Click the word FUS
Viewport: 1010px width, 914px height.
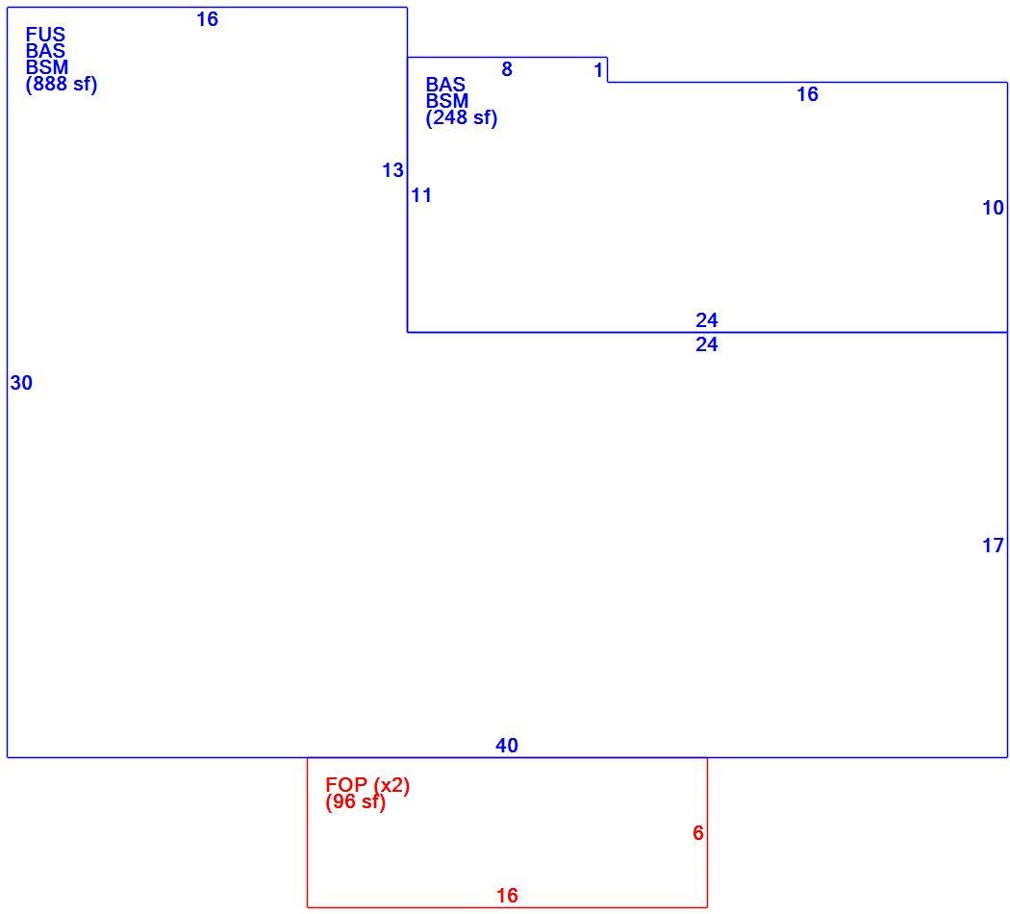pos(45,34)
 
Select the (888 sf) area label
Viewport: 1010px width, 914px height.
pos(62,85)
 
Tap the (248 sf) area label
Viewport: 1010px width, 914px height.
pos(461,118)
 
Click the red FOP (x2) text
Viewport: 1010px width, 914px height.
pos(367,785)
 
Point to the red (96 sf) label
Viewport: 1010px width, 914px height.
pos(355,802)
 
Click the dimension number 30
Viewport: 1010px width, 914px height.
pos(21,383)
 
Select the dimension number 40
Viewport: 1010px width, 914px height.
pos(507,746)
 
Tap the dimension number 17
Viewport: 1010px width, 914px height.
pos(993,546)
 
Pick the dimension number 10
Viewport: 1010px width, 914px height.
pos(993,208)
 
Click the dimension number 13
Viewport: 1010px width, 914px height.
pos(392,170)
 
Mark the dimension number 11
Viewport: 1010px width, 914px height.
pos(421,195)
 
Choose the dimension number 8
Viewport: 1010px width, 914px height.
pos(507,69)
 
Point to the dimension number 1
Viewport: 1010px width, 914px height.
pos(598,69)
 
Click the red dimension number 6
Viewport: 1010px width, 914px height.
pos(698,833)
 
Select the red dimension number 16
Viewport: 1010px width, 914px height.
pos(507,896)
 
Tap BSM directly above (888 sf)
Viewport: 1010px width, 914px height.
pos(47,67)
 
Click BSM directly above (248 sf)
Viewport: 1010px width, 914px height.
pos(447,101)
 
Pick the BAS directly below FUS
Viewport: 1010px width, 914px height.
pos(45,51)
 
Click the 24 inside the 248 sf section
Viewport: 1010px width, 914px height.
pos(707,320)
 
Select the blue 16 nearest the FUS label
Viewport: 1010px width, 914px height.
pos(208,19)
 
